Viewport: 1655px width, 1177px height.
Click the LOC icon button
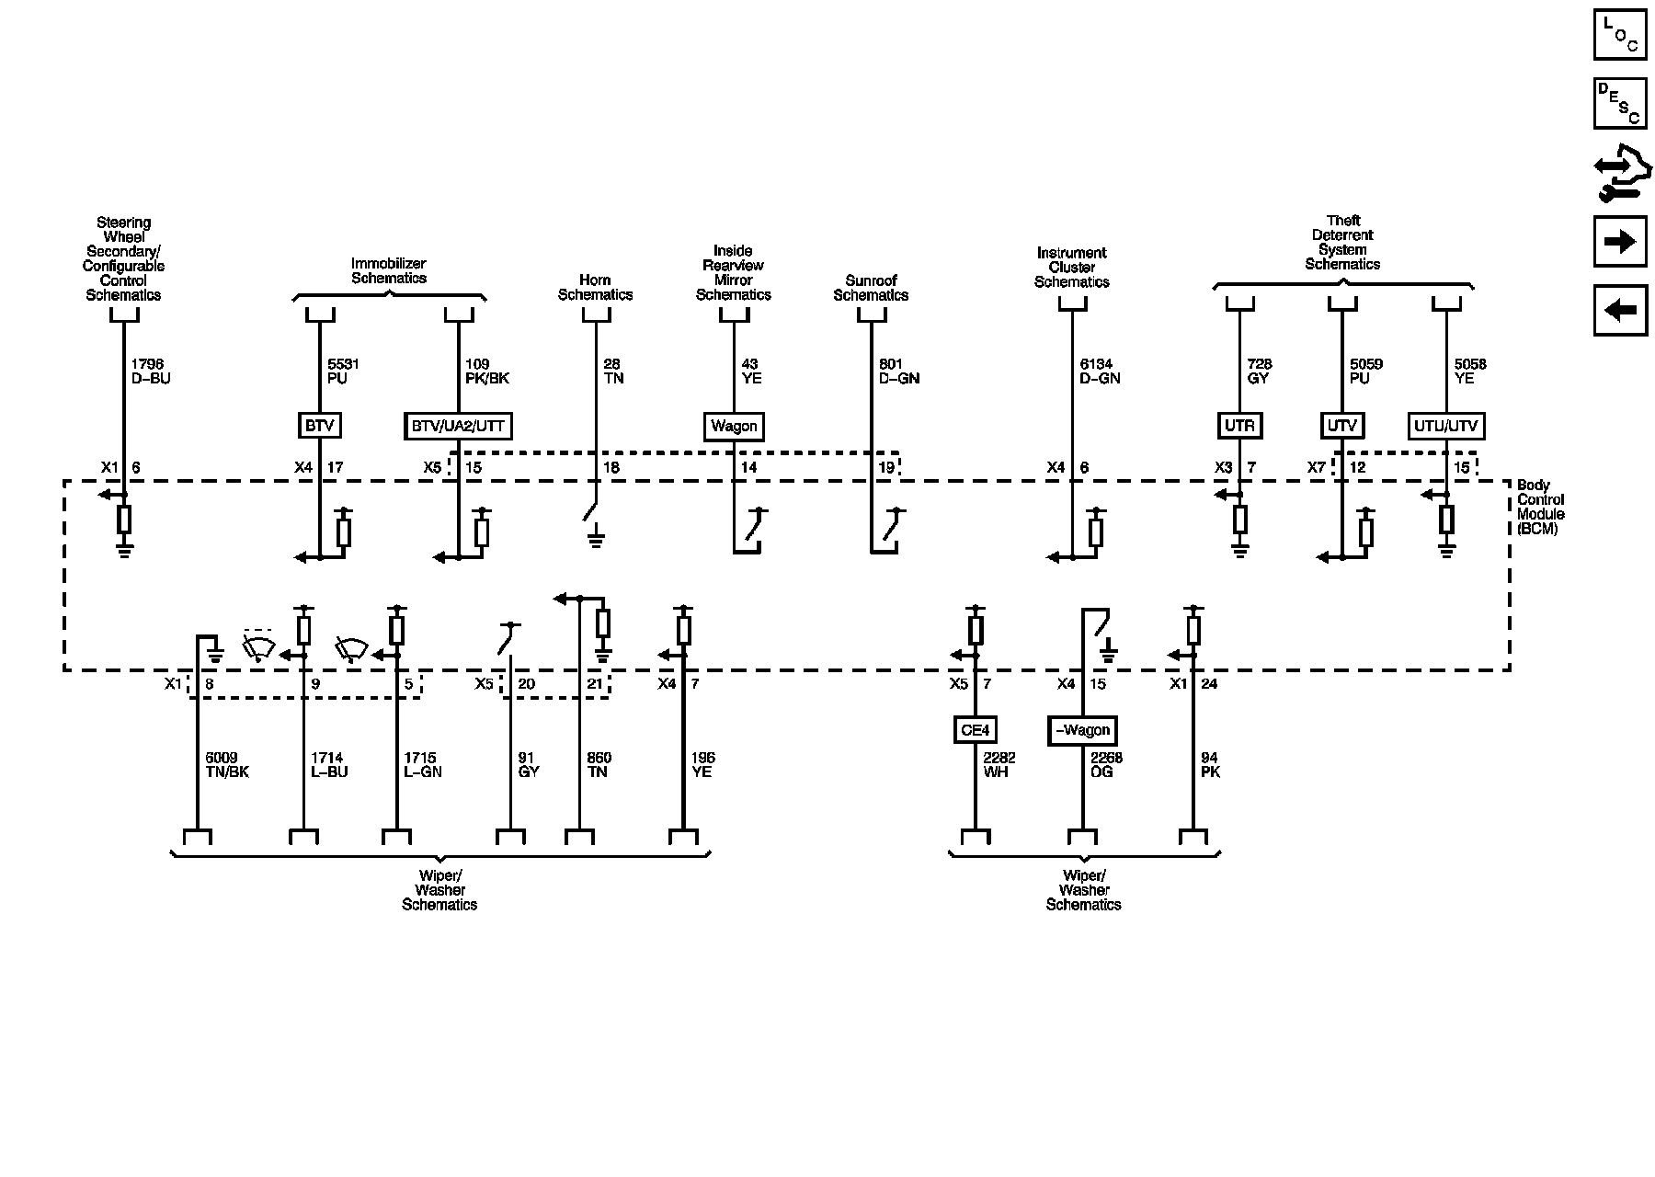1619,34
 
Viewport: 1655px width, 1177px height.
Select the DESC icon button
1619,103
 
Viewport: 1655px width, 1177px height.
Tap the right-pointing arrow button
1619,242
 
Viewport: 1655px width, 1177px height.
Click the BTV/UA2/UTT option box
458,426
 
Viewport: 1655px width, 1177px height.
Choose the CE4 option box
975,730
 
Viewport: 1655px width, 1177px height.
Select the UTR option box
1239,426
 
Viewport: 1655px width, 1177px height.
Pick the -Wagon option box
1082,730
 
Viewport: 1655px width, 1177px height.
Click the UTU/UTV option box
1446,426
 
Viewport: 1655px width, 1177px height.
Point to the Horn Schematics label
595,287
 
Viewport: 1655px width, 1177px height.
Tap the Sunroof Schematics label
871,287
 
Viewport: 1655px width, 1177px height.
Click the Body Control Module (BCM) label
1540,507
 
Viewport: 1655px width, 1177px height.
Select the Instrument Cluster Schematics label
1071,267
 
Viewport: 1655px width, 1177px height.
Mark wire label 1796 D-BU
150,371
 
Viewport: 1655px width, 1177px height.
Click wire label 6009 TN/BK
226,764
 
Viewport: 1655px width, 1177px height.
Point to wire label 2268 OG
1105,764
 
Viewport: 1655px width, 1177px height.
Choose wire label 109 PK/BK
486,371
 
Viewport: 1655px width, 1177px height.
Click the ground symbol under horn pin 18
596,538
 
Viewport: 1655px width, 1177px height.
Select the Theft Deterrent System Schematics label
1342,243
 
